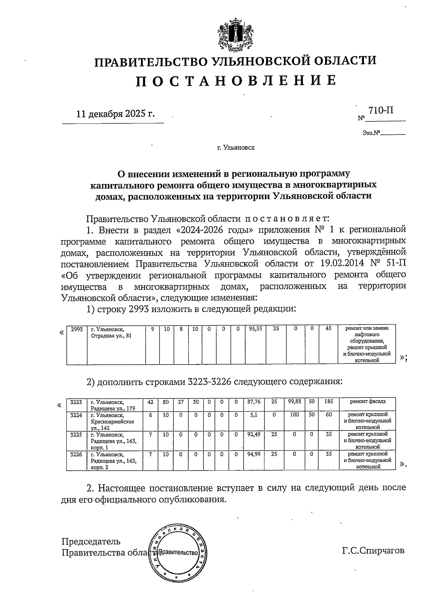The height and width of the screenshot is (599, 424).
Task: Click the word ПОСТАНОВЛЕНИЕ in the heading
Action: point(236,81)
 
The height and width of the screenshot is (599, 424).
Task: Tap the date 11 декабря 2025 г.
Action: point(116,114)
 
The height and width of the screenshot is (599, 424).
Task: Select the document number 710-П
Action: point(381,110)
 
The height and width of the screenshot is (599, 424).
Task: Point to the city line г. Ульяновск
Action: point(236,148)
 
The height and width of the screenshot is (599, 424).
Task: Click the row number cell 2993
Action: point(77,329)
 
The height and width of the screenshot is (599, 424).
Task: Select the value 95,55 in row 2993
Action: point(255,329)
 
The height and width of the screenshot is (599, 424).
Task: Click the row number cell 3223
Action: point(76,402)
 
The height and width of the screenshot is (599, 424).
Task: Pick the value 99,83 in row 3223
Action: point(294,402)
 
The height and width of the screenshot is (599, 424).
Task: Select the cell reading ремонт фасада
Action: point(367,402)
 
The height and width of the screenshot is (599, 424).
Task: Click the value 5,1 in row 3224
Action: point(253,415)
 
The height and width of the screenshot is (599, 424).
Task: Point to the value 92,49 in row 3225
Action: point(253,434)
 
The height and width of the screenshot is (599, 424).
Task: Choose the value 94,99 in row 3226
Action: point(253,454)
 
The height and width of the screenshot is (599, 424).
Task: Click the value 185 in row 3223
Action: point(328,402)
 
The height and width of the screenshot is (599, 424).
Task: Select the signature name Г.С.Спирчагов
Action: point(373,551)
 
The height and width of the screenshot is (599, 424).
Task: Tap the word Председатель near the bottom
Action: point(91,541)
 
